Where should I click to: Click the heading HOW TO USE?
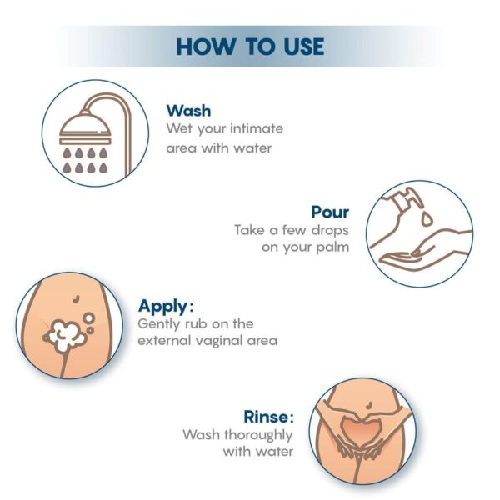tap(250, 46)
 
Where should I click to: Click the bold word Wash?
tap(188, 111)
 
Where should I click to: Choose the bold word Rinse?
tap(268, 416)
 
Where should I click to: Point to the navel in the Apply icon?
tap(75, 295)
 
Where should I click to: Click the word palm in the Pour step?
tap(331, 247)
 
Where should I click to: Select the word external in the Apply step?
tap(167, 340)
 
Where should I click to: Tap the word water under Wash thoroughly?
tap(274, 452)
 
